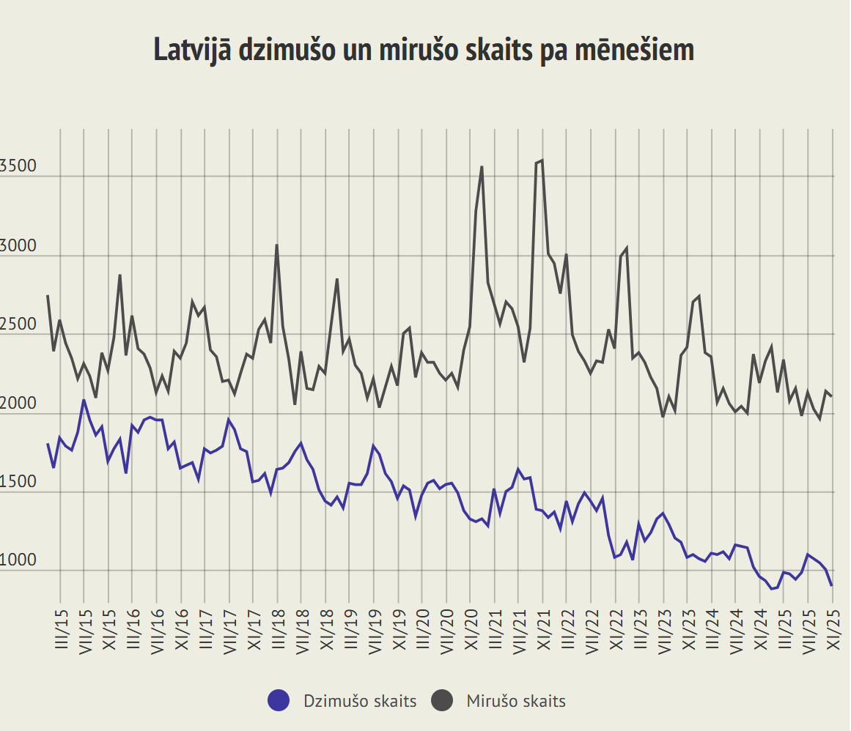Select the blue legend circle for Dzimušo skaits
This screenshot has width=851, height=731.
tap(279, 701)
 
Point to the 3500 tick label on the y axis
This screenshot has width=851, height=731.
tap(18, 167)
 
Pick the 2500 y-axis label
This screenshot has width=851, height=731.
tap(18, 325)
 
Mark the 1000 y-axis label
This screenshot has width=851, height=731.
tap(18, 561)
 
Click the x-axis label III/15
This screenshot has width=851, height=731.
tap(61, 627)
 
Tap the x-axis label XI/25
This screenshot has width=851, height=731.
tap(833, 627)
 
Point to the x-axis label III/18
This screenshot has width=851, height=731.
tap(278, 627)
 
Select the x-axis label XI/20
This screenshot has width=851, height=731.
tap(471, 627)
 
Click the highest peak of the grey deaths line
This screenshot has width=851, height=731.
tap(542, 160)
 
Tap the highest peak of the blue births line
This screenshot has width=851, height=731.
tap(84, 400)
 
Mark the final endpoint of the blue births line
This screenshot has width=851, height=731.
tap(831, 585)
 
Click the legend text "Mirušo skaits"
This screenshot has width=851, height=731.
tap(516, 701)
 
